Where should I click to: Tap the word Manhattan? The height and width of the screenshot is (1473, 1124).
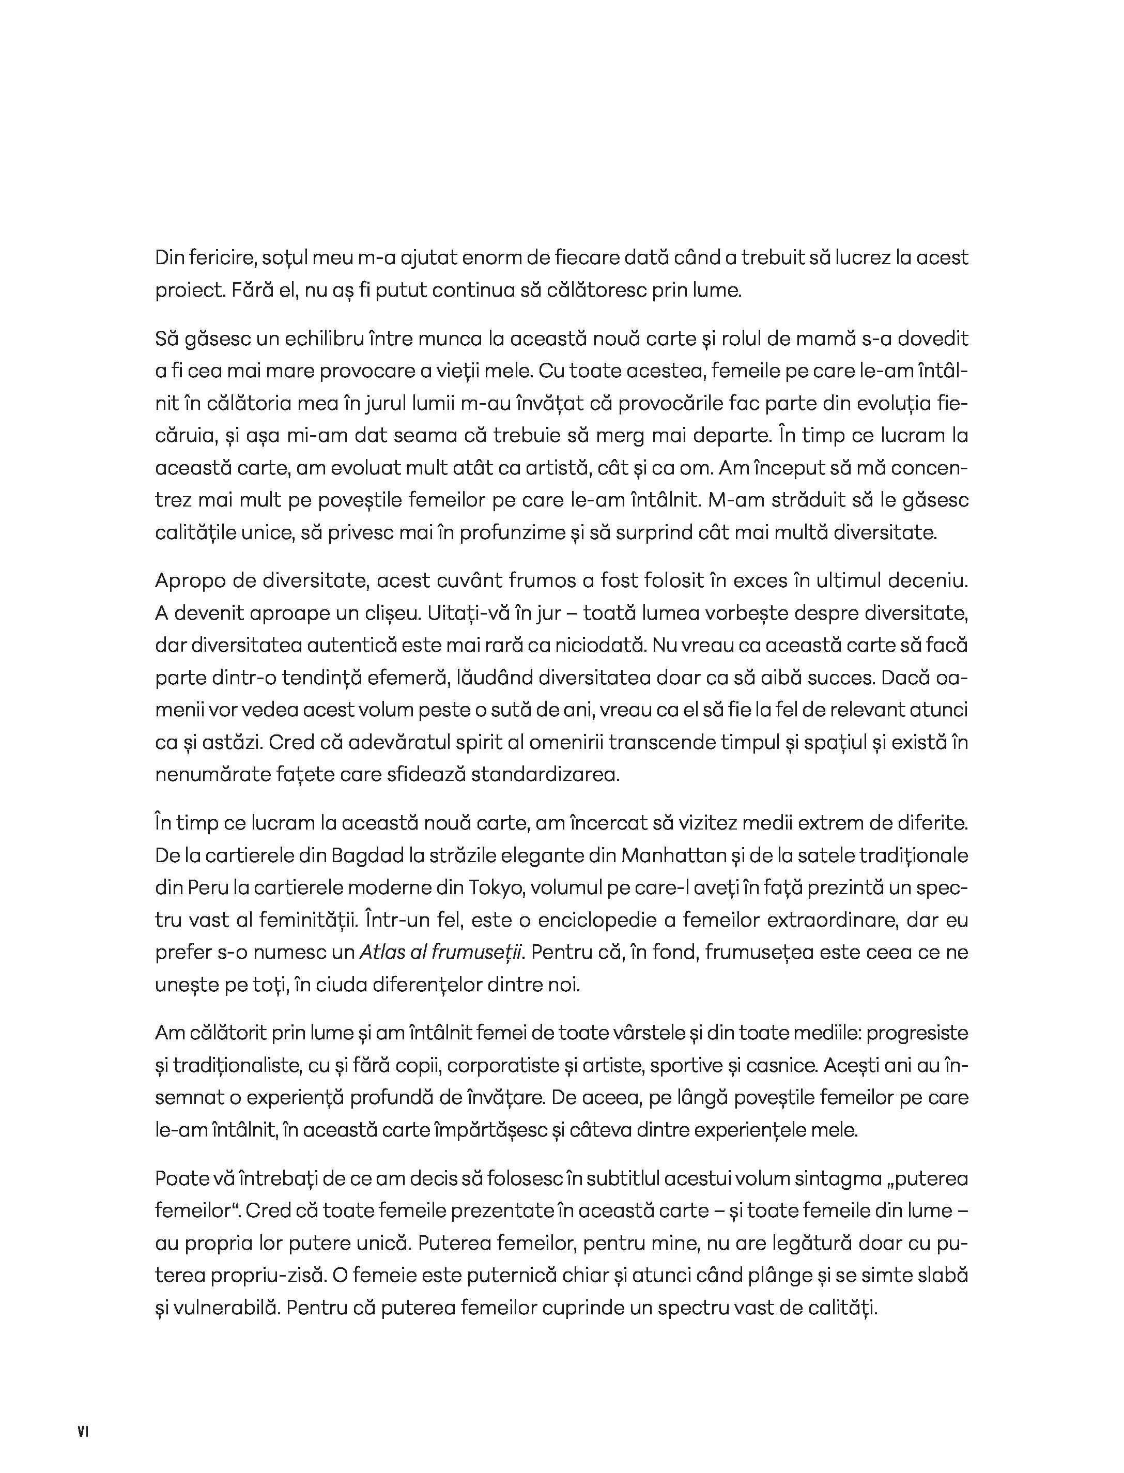(x=674, y=855)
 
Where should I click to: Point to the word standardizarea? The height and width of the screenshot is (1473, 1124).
(x=545, y=775)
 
